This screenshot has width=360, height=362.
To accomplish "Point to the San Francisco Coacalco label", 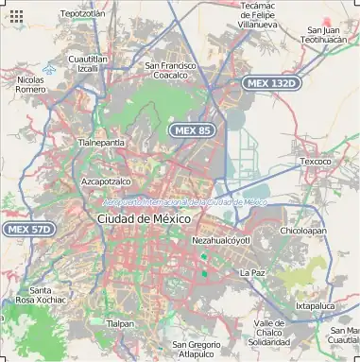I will click(x=170, y=70).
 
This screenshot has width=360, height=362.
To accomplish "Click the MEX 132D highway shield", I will click(x=270, y=83).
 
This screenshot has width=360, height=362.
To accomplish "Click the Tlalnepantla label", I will click(x=101, y=142).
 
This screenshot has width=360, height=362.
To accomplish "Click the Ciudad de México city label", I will click(x=144, y=218).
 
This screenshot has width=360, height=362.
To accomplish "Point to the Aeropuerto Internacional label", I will click(x=184, y=201).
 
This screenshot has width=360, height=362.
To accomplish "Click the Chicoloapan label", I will click(x=303, y=230).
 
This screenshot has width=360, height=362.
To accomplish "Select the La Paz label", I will click(x=252, y=272).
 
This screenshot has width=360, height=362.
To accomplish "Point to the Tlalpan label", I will click(x=120, y=323).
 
